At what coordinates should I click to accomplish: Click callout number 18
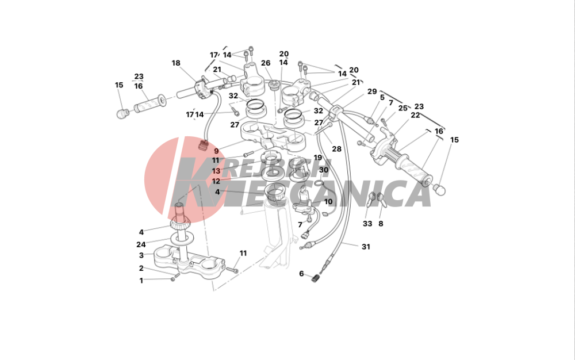(176, 63)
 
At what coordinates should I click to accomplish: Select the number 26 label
(266, 63)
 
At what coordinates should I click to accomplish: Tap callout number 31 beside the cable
(366, 247)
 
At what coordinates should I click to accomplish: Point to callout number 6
(301, 274)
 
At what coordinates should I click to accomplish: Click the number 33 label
(367, 224)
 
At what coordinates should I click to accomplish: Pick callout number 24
(141, 244)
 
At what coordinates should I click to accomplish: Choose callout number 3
(141, 255)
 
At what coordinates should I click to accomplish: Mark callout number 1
(141, 281)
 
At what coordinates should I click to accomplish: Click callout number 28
(336, 149)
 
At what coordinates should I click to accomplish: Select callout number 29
(372, 91)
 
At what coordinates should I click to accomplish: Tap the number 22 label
(415, 115)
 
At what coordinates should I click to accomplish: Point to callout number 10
(328, 202)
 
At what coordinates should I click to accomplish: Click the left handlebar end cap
(122, 113)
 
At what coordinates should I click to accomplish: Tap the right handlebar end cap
(439, 190)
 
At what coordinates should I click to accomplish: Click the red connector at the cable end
(203, 145)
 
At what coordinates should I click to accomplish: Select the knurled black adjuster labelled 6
(315, 278)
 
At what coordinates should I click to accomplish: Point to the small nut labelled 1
(172, 279)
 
